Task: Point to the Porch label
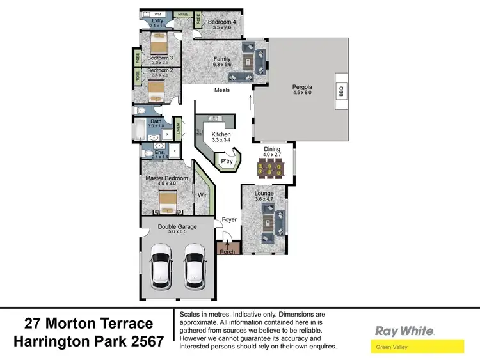click(x=227, y=251)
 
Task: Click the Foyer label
click(x=229, y=220)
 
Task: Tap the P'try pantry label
click(x=226, y=162)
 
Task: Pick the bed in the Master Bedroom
click(x=168, y=203)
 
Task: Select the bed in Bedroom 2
click(x=157, y=90)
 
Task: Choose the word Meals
click(x=222, y=90)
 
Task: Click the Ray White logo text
click(x=404, y=331)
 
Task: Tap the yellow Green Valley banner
click(x=417, y=347)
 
